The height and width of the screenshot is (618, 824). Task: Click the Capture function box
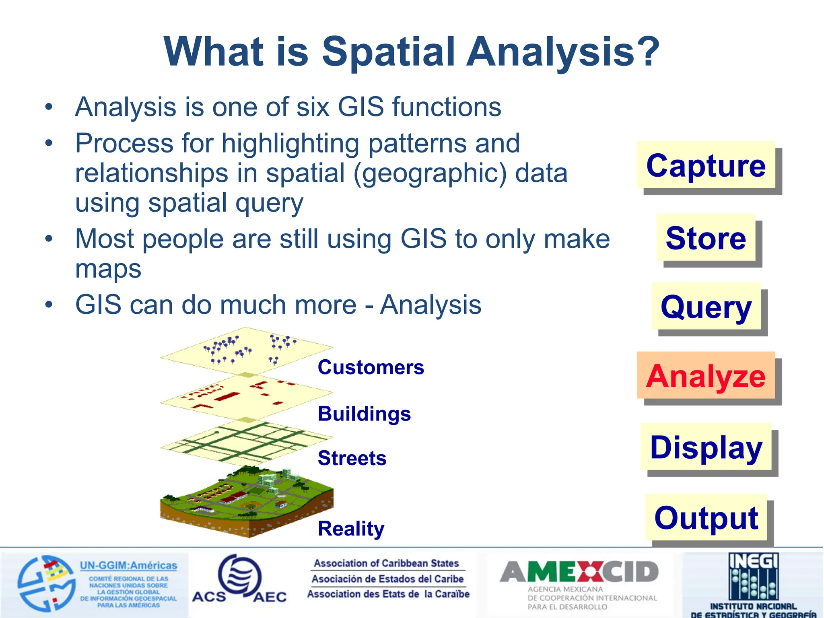[706, 165]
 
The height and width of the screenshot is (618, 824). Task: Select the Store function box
[706, 238]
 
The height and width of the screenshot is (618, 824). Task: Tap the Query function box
[706, 307]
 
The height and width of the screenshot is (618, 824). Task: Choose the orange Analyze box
[706, 376]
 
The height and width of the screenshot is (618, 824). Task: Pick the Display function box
[706, 447]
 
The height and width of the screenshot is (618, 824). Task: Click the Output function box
[706, 518]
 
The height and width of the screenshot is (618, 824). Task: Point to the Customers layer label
[371, 367]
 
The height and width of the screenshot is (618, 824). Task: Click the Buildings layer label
[364, 414]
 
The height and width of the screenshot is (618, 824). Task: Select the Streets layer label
[352, 458]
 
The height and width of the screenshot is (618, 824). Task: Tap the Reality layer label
[351, 528]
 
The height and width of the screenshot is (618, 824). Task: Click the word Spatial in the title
[389, 51]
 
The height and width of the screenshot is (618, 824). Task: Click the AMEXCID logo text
[579, 572]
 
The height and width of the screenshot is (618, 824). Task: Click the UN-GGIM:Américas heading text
[128, 565]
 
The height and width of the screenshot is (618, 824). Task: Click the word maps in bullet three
[108, 269]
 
